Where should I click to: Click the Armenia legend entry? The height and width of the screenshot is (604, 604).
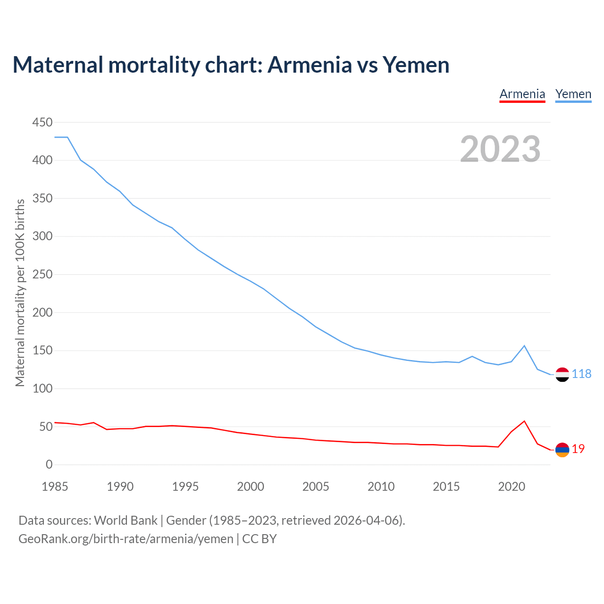tap(522, 94)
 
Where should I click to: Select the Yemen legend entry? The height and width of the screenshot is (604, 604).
tap(573, 94)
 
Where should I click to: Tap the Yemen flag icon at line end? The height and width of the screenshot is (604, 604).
tap(562, 374)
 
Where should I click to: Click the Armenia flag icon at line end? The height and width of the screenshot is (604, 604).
tap(562, 450)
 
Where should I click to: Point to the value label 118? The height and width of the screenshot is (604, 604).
tap(581, 374)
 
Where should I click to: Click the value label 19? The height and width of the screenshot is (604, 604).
tap(578, 449)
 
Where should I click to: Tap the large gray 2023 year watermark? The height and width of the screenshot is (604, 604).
tap(500, 149)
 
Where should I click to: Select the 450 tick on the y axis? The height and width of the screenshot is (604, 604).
tap(42, 123)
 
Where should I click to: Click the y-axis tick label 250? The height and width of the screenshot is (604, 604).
tap(42, 275)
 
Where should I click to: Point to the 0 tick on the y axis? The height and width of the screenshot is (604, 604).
tap(49, 465)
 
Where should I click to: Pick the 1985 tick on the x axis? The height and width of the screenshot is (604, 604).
tap(55, 487)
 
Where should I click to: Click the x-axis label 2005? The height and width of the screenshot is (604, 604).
tap(316, 487)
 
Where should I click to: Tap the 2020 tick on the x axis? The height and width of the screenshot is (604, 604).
tap(512, 487)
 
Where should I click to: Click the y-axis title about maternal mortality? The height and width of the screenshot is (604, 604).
tap(20, 293)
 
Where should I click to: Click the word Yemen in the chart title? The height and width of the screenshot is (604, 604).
tap(416, 65)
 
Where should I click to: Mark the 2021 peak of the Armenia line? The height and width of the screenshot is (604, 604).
tap(524, 421)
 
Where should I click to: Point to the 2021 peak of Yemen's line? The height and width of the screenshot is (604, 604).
tap(524, 346)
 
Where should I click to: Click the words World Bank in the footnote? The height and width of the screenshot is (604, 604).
tap(126, 520)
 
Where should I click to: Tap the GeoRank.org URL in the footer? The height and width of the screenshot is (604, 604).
tap(126, 539)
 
